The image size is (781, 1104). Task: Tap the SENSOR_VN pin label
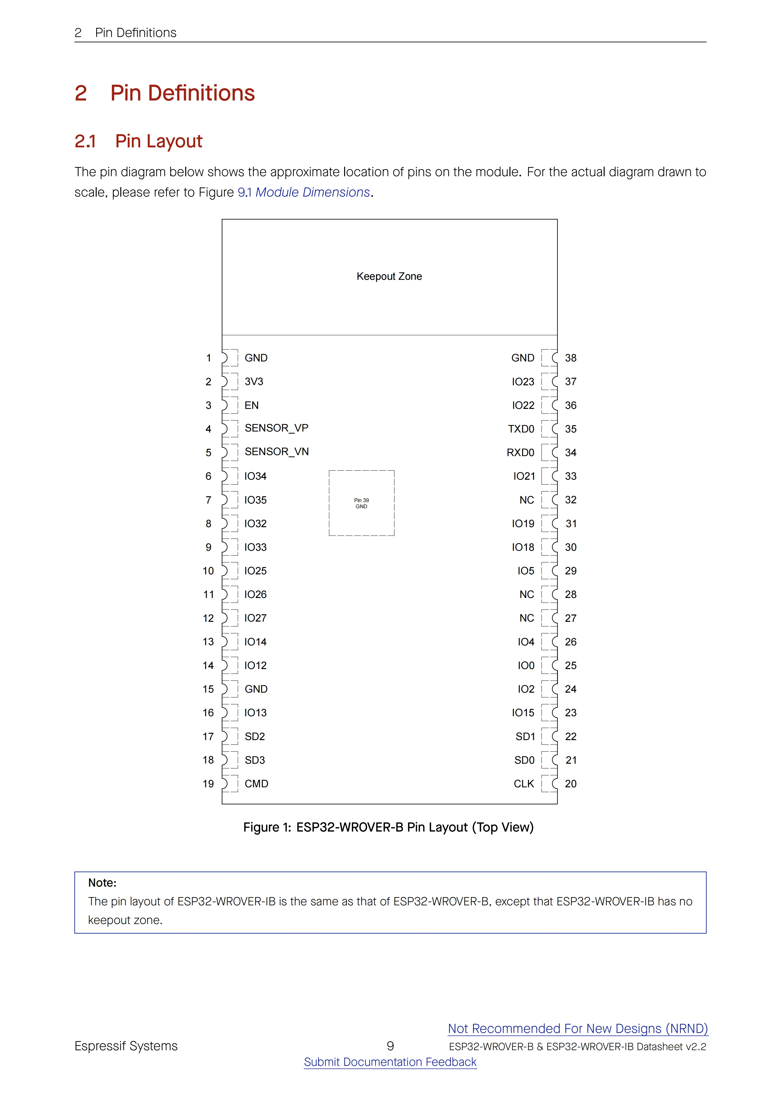pyautogui.click(x=276, y=451)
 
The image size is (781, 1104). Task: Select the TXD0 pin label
pyautogui.click(x=521, y=429)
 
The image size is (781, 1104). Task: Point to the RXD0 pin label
pyautogui.click(x=520, y=452)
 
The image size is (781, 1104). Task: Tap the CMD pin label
pyautogui.click(x=256, y=784)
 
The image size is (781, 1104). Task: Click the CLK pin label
pyautogui.click(x=524, y=784)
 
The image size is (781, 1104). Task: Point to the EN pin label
pyautogui.click(x=251, y=405)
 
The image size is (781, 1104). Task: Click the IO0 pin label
pyautogui.click(x=526, y=666)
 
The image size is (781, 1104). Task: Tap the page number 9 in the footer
pyautogui.click(x=390, y=1046)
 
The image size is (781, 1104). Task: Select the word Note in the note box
pyautogui.click(x=102, y=883)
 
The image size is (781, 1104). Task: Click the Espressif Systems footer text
pyautogui.click(x=126, y=1046)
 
